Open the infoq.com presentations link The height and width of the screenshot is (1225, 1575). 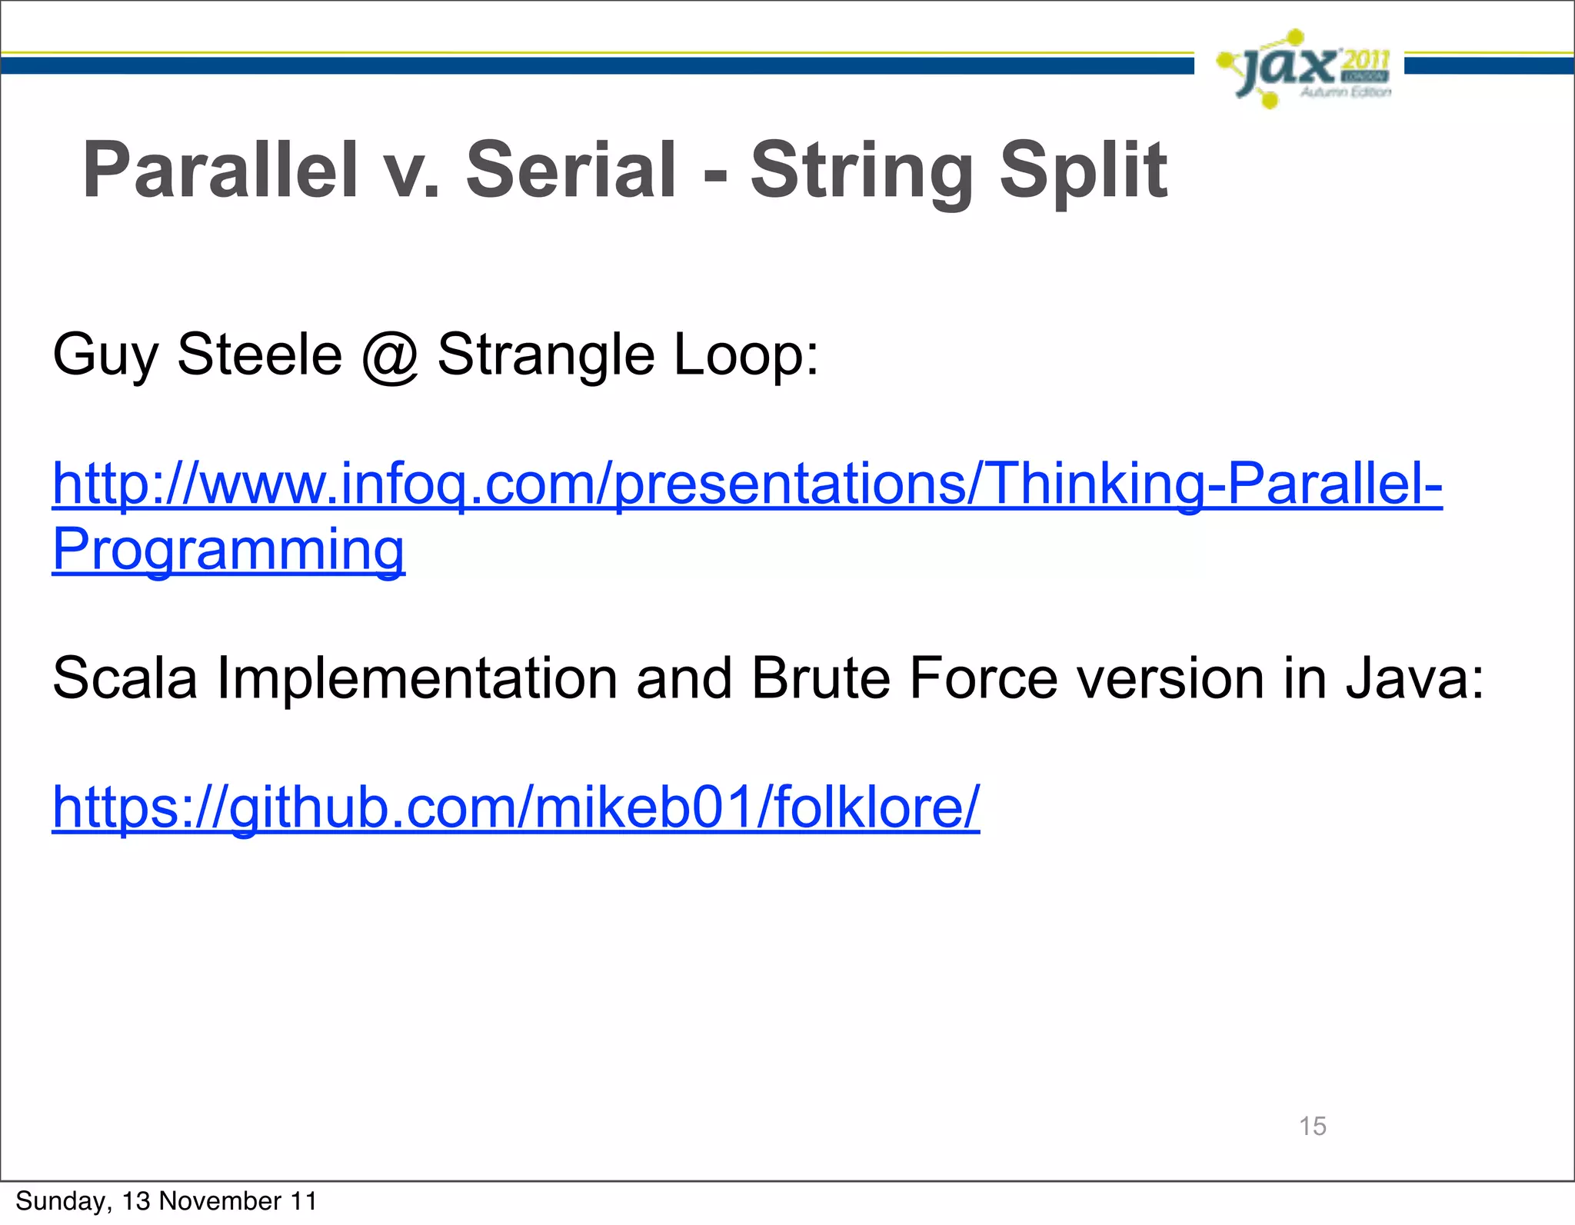pyautogui.click(x=746, y=484)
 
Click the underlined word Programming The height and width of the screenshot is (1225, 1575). pyautogui.click(x=228, y=549)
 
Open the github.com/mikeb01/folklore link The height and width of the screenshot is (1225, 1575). pyautogui.click(x=515, y=807)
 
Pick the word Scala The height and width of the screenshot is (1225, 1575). pyautogui.click(x=125, y=677)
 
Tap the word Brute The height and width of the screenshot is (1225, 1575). pyautogui.click(x=820, y=677)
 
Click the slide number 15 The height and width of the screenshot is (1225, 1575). pyautogui.click(x=1312, y=1126)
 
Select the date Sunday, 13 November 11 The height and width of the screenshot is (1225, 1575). pyautogui.click(x=166, y=1201)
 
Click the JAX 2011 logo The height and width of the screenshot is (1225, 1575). pyautogui.click(x=1304, y=69)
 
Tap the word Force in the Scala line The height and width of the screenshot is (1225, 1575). pyautogui.click(x=983, y=677)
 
